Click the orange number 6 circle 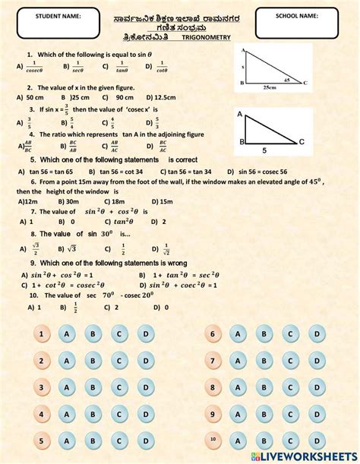213,334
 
